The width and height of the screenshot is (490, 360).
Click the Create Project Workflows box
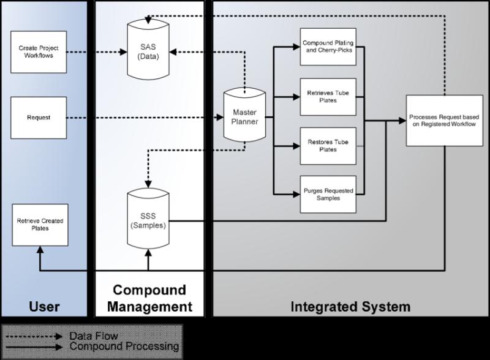39,52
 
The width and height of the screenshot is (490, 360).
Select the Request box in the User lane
39,117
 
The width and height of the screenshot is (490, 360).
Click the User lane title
45,306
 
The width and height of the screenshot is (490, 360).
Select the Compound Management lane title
149,298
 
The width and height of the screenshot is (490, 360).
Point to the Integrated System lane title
350,306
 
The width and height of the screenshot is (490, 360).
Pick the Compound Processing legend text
124,347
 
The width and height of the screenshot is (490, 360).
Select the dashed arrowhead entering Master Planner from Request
217,117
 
